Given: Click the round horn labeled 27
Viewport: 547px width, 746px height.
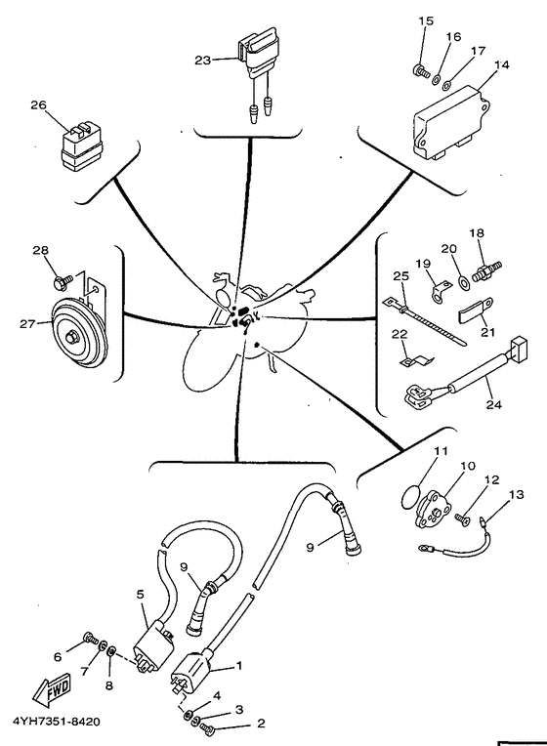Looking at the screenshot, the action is coord(78,333).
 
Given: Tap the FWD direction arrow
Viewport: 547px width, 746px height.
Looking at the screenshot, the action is coord(52,689).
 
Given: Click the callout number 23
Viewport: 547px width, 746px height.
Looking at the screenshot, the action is coord(202,61).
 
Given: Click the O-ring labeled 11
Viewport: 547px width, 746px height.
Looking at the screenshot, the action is coord(409,496).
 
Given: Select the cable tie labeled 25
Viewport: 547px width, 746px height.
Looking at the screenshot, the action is coord(425,321).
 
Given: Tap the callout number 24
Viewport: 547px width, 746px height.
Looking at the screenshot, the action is coord(493,404).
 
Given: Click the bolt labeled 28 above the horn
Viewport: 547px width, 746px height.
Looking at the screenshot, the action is coord(63,280).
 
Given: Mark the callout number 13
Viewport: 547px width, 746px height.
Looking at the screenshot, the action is coord(516,494).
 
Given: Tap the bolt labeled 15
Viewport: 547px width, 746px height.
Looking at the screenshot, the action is coord(421,71).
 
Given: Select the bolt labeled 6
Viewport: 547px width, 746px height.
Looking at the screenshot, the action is coord(90,638).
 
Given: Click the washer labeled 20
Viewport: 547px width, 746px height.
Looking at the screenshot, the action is coord(462,283).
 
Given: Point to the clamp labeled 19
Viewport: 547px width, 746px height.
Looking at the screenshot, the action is coord(439,291).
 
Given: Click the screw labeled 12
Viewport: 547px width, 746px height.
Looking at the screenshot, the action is coord(462,518).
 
